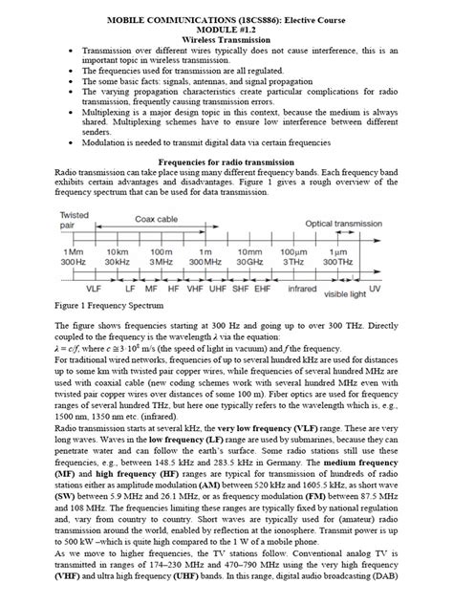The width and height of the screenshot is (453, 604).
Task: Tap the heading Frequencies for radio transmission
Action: [226, 163]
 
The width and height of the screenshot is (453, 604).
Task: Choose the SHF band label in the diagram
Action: [245, 286]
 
